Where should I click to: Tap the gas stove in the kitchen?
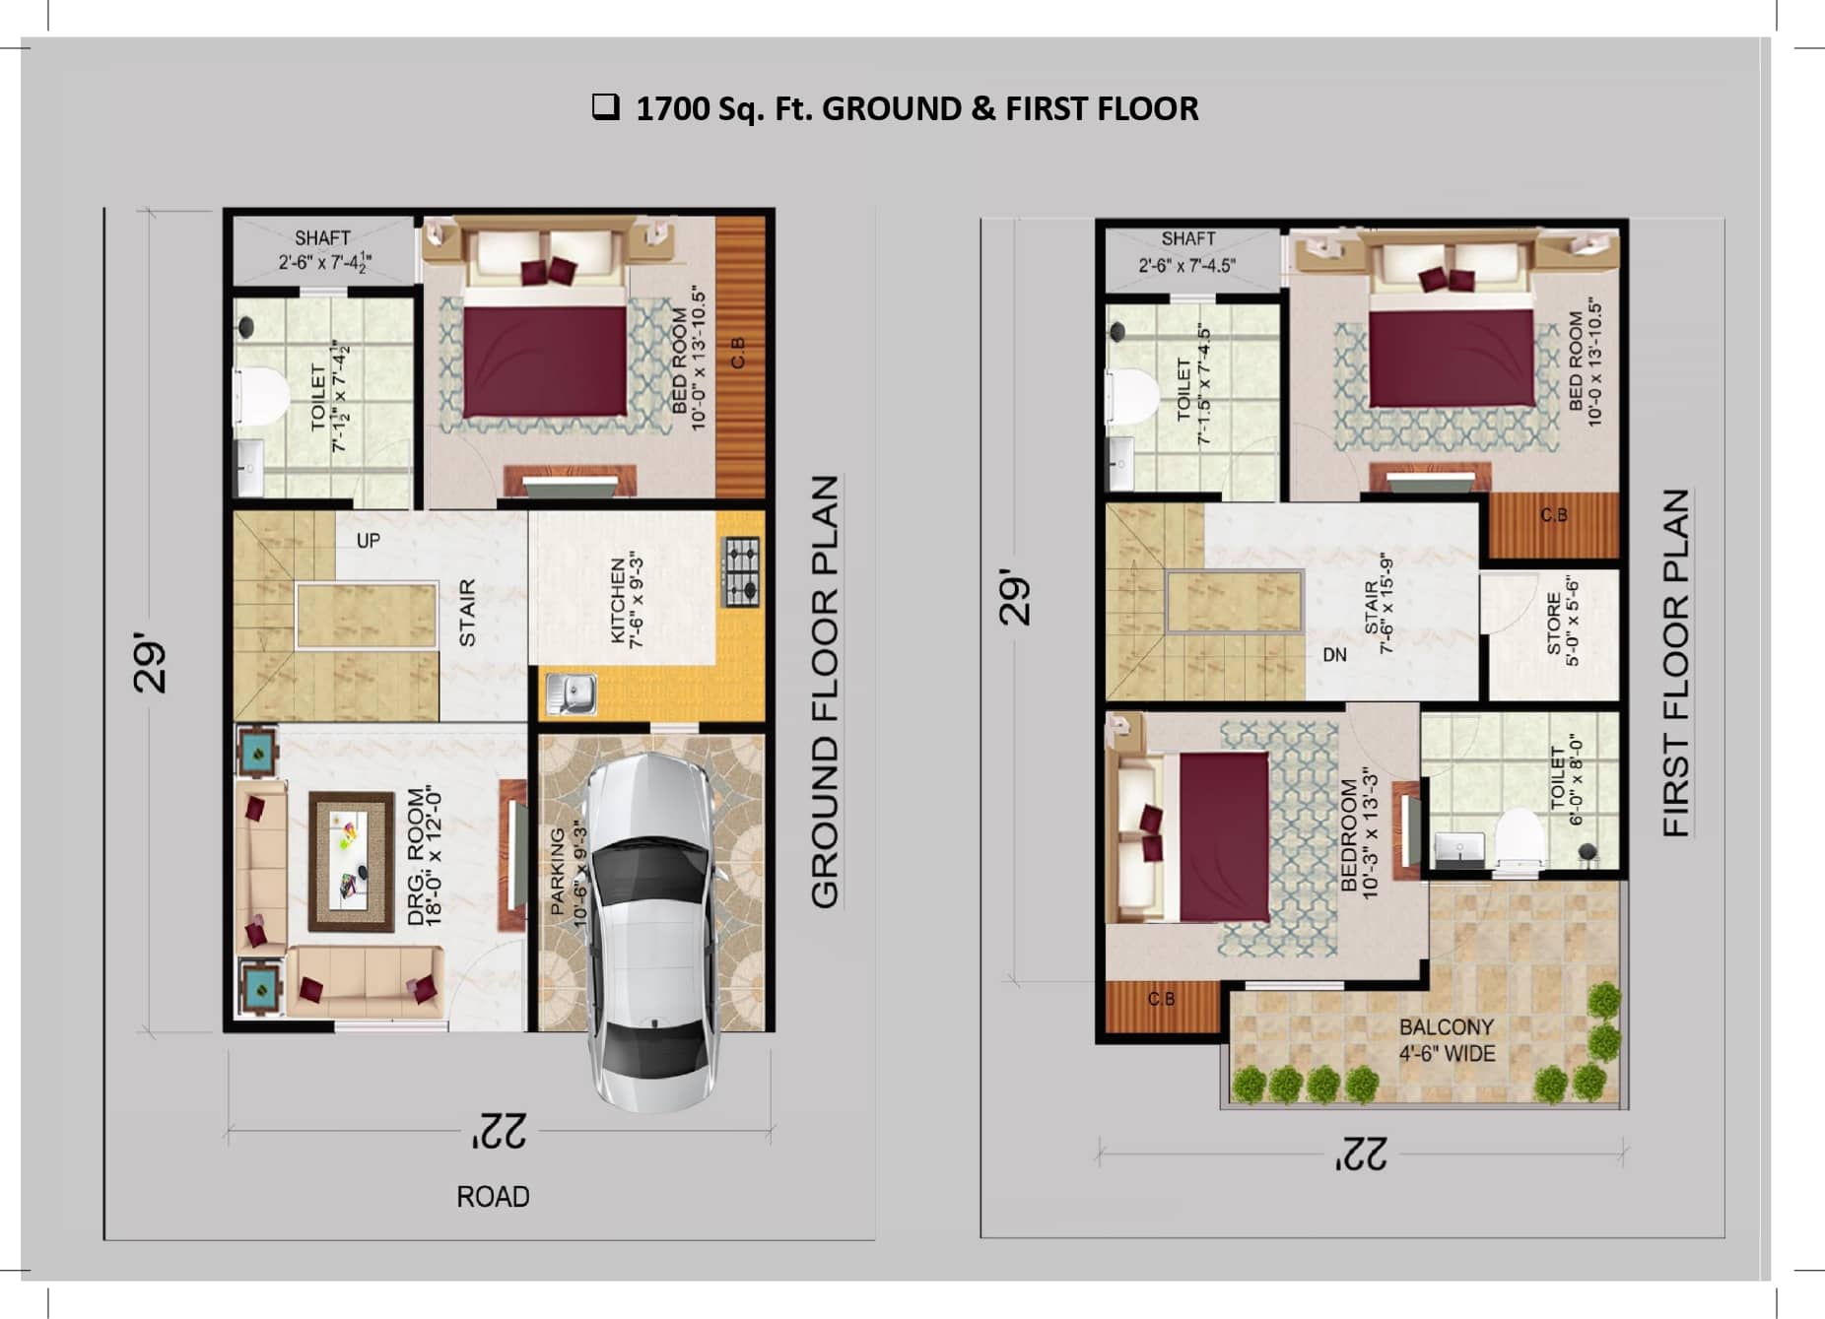pos(742,571)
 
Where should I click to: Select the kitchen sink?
pos(572,692)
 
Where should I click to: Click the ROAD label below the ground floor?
pos(493,1197)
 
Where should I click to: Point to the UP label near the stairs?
pos(368,541)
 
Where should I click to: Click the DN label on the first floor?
pos(1334,655)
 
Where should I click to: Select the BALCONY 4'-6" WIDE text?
pos(1447,1040)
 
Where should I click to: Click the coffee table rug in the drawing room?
pos(352,862)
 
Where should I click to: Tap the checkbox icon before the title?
pos(605,106)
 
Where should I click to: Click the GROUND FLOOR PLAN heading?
pos(824,690)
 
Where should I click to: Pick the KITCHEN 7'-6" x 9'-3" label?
pos(627,600)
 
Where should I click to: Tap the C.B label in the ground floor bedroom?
pos(738,353)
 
